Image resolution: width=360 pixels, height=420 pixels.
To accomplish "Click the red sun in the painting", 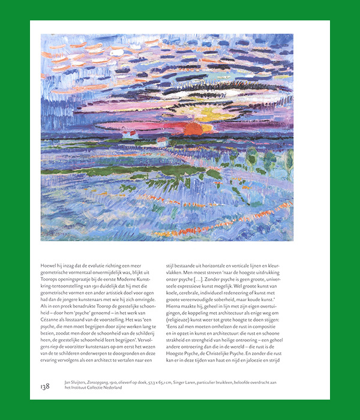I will [x=193, y=128].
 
